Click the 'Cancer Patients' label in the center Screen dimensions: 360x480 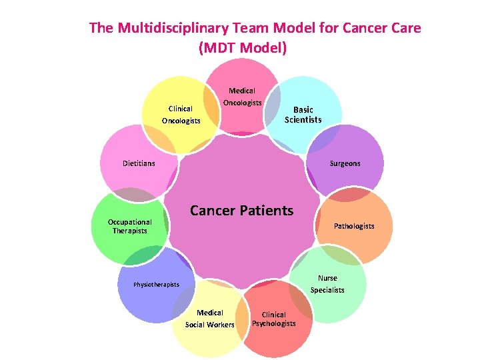[x=241, y=211]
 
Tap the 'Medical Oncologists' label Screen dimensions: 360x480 [x=242, y=97]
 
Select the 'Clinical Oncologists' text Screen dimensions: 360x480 [x=181, y=115]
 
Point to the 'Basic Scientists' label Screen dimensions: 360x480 [x=303, y=115]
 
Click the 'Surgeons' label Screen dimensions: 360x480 [x=345, y=163]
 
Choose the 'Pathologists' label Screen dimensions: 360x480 [x=354, y=226]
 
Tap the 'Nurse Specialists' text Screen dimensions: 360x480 [x=327, y=284]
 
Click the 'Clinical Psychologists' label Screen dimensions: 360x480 [x=273, y=319]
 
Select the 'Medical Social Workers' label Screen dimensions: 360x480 [x=210, y=319]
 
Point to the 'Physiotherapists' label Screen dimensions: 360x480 [x=157, y=285]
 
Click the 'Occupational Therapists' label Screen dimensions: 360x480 [x=130, y=226]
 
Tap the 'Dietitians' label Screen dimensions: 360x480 [x=139, y=163]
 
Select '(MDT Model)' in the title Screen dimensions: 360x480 [x=242, y=48]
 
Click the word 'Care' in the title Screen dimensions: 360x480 [x=407, y=28]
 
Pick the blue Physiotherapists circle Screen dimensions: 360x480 [x=150, y=267]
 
